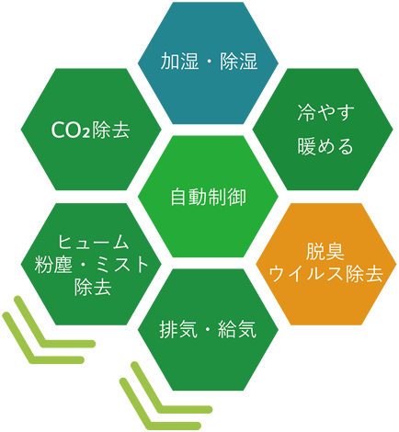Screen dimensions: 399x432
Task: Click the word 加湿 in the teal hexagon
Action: tap(179, 62)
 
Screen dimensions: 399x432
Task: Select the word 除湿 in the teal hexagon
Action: tap(238, 62)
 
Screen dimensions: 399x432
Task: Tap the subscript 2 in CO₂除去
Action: tap(87, 133)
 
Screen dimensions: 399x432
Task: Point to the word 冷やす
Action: tap(325, 112)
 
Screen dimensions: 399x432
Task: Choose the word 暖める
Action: tap(325, 146)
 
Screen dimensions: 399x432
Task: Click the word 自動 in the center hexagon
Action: tap(189, 197)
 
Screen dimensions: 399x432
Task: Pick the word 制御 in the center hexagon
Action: tap(227, 197)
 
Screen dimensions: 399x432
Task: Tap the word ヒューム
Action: tap(93, 242)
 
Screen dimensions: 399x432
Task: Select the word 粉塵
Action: tap(53, 265)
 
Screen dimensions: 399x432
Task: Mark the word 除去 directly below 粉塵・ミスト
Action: tap(93, 287)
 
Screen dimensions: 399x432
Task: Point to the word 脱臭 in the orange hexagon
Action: tap(325, 251)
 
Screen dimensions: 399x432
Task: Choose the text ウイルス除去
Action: tap(325, 274)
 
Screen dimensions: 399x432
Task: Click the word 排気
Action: tap(178, 330)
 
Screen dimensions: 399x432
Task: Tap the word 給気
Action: tap(237, 330)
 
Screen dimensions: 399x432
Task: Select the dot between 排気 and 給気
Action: tap(208, 330)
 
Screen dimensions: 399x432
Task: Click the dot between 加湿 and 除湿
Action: tap(210, 62)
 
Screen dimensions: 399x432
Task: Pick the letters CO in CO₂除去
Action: tap(67, 130)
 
